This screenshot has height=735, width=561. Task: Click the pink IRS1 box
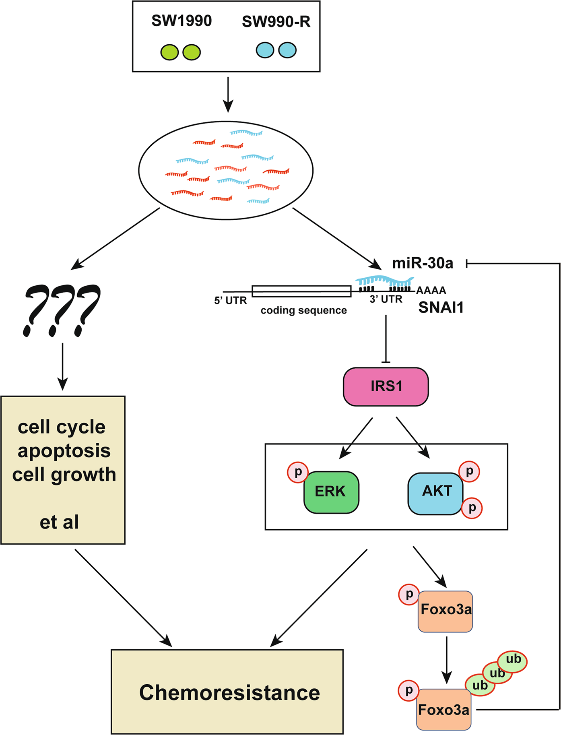386,386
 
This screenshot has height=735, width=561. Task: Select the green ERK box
331,492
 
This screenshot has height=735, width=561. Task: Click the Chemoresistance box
227,692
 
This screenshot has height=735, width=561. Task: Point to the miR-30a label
423,263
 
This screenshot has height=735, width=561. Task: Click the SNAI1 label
441,308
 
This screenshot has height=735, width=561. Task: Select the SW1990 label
181,21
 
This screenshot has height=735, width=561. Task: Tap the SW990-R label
276,22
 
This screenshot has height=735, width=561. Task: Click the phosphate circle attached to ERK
298,472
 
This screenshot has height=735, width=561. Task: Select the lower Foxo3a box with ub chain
443,710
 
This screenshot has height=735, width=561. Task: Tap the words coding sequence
303,310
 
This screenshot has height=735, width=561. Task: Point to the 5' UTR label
231,301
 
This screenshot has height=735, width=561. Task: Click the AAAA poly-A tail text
431,290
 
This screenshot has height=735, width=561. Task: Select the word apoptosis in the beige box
64,451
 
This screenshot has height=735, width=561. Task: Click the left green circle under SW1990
169,52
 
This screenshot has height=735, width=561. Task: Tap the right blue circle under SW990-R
287,50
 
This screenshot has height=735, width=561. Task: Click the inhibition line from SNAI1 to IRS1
386,338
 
